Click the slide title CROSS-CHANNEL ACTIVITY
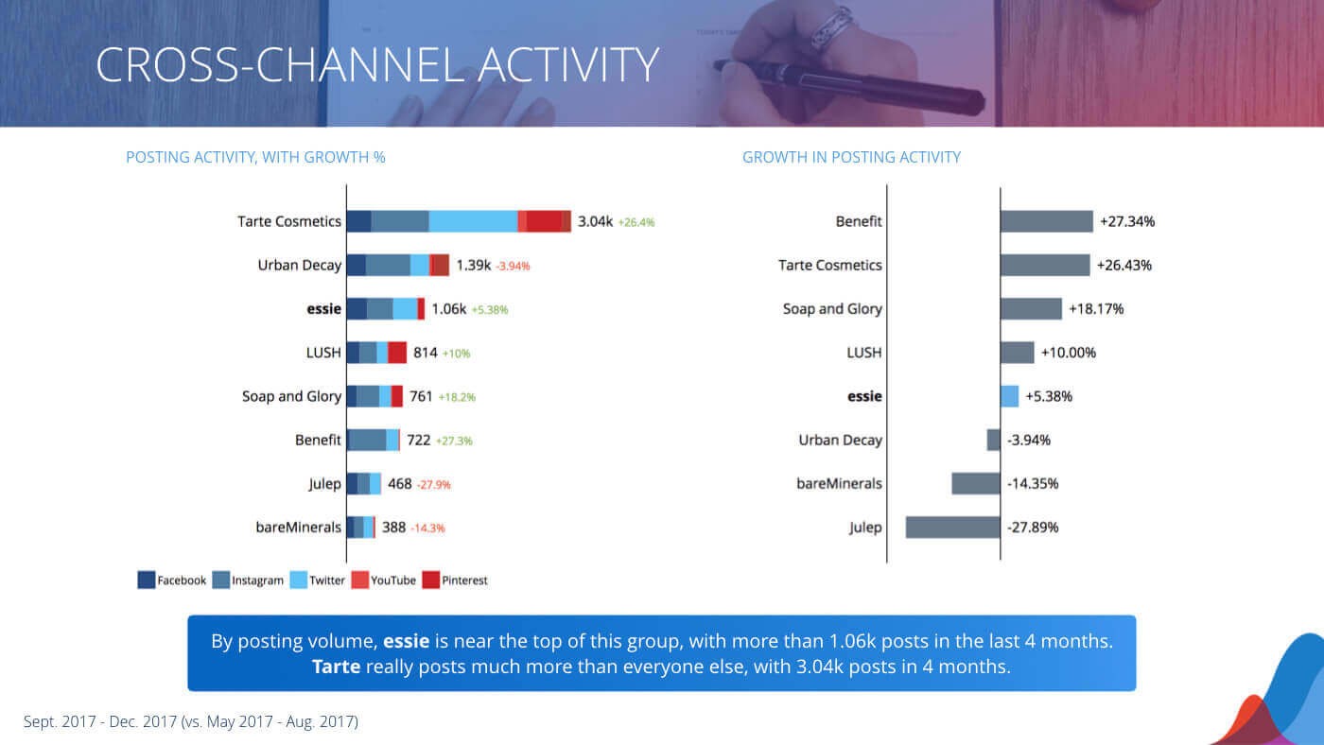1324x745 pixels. (376, 64)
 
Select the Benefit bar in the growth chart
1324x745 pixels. (1046, 221)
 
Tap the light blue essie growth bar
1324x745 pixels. (1009, 396)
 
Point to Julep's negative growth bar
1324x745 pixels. (952, 528)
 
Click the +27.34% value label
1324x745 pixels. (1127, 222)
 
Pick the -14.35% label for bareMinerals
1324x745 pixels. (1033, 484)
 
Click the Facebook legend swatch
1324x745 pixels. (147, 580)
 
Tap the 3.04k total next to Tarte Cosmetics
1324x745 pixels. (595, 222)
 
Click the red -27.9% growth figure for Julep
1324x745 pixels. (433, 485)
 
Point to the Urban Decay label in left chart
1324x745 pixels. (299, 266)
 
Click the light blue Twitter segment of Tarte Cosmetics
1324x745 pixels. (473, 221)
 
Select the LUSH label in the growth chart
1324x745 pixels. (863, 353)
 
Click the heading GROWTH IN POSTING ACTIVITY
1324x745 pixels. (851, 157)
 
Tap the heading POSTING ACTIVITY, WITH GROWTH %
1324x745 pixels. (255, 157)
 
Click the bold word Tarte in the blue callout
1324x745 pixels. (336, 667)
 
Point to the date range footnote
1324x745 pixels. (191, 721)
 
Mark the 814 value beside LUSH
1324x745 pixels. (425, 353)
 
